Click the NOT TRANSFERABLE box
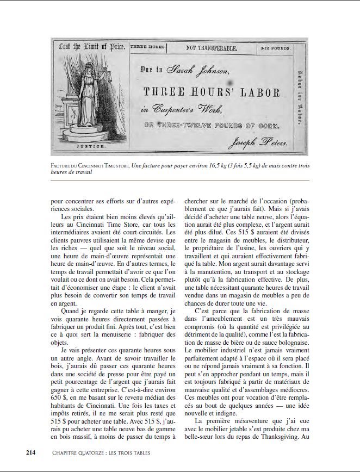pyautogui.click(x=212, y=48)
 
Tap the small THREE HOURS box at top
pyautogui.click(x=148, y=48)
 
